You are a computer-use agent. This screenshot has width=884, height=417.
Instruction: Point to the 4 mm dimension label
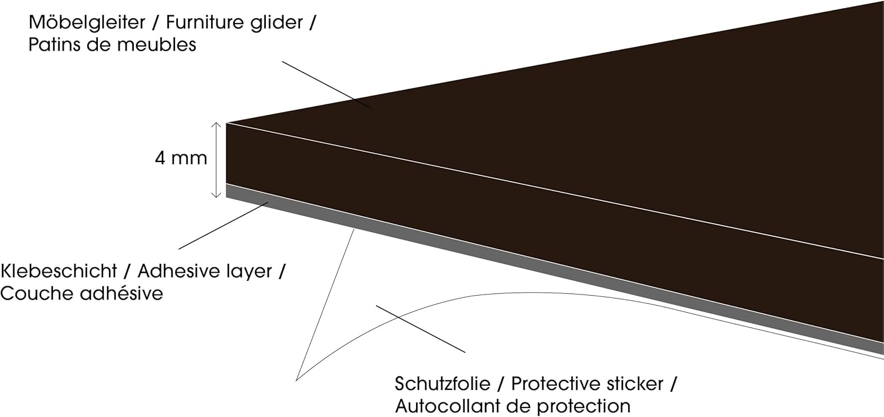[x=182, y=158]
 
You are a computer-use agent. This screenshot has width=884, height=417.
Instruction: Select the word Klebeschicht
[x=58, y=272]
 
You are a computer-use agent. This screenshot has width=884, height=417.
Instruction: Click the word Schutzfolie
[x=443, y=385]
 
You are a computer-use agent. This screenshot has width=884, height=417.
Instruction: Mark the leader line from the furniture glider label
[x=326, y=85]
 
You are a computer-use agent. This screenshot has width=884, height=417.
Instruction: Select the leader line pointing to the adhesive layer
[x=224, y=226]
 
